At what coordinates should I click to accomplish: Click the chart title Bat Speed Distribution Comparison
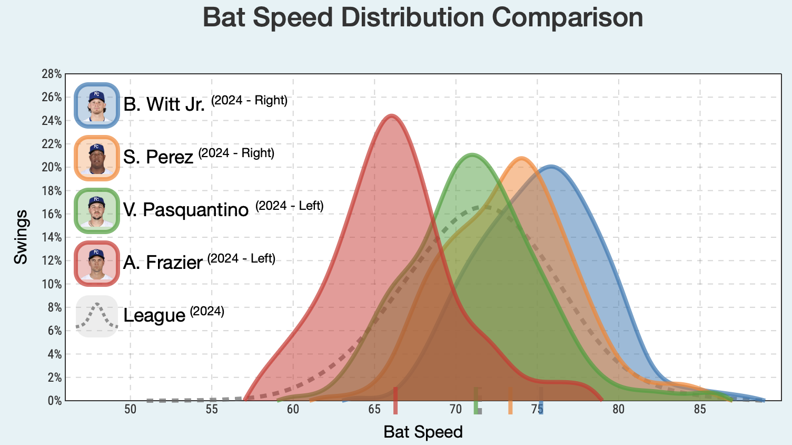tap(422, 17)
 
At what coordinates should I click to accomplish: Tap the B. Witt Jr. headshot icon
tap(97, 105)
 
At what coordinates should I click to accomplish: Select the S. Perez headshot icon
tap(97, 158)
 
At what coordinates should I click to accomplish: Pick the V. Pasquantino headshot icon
tap(97, 210)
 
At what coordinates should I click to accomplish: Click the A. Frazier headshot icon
tap(97, 263)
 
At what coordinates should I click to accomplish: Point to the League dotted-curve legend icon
tap(97, 316)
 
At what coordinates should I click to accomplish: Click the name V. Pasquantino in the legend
tap(185, 210)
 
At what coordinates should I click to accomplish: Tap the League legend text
tap(154, 316)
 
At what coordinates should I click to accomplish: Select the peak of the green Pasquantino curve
tap(472, 154)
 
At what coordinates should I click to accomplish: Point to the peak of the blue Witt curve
tap(551, 167)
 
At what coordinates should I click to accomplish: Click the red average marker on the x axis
tap(395, 401)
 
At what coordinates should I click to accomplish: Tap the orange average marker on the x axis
tap(510, 401)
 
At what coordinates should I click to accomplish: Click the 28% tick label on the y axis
tap(52, 74)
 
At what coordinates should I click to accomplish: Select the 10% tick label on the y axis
tap(52, 284)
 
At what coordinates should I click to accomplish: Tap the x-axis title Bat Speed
tap(423, 432)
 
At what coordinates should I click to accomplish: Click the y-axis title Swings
tap(21, 237)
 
